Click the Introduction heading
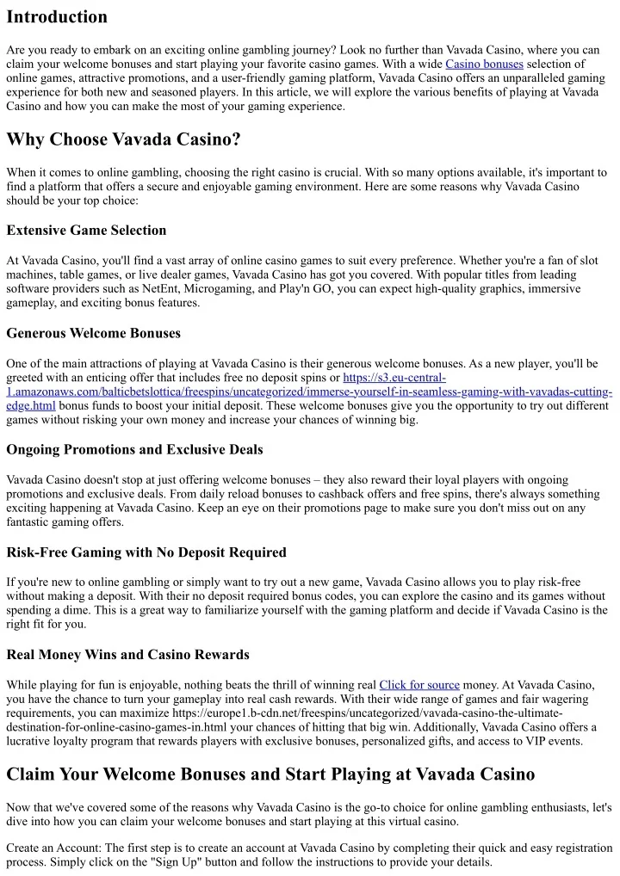tap(57, 17)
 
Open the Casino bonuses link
tap(484, 64)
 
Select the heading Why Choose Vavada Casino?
tap(123, 139)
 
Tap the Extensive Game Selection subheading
tap(86, 230)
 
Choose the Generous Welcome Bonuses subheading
tap(92, 332)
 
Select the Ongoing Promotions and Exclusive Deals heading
tap(134, 449)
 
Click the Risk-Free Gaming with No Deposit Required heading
tap(146, 552)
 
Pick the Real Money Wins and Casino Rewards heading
tap(127, 654)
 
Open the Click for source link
tap(419, 685)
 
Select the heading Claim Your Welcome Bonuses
tap(270, 774)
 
